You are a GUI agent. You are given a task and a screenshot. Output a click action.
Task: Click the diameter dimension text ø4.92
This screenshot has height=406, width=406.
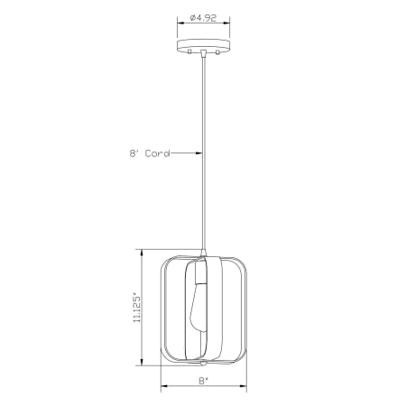[203, 15]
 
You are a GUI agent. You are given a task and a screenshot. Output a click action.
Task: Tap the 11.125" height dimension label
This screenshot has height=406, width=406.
[137, 308]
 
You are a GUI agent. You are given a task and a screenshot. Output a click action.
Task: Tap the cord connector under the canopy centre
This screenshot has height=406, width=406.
[203, 55]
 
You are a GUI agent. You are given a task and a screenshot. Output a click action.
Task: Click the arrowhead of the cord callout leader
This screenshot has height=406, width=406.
[199, 152]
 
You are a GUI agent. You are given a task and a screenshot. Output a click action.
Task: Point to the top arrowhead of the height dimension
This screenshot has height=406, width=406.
[142, 253]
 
